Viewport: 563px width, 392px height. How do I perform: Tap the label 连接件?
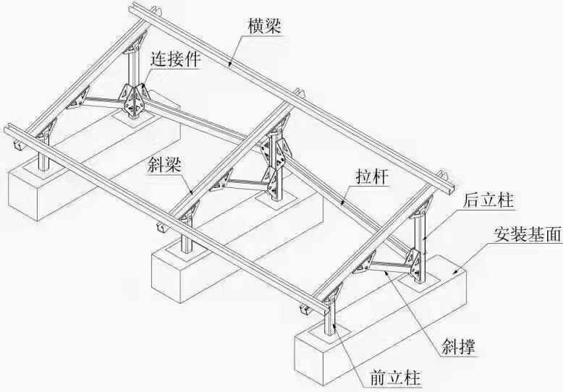175,59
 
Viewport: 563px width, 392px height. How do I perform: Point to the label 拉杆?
369,176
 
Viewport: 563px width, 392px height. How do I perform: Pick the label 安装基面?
528,236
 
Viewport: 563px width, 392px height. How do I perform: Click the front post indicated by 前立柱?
331,318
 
